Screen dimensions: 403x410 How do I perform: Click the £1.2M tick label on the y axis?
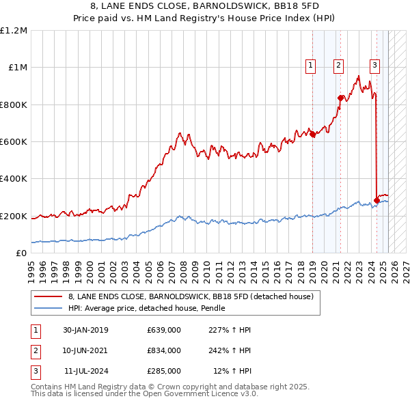tap(14, 31)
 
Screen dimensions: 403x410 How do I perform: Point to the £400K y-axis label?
tap(14, 179)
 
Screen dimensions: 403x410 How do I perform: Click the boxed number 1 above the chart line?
tap(310, 66)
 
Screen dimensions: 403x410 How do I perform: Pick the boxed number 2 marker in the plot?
tap(338, 66)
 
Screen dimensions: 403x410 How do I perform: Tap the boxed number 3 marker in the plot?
tap(375, 66)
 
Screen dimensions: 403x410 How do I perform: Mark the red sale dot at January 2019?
tap(313, 135)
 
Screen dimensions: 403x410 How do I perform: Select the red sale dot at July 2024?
tap(377, 200)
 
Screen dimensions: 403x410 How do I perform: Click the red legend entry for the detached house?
tap(191, 296)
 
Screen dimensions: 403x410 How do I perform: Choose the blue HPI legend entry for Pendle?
tap(147, 309)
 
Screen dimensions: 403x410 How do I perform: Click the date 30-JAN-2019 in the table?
tap(85, 330)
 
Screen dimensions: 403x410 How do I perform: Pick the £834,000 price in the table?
tap(164, 350)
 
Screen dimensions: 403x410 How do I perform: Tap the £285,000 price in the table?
tap(164, 371)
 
